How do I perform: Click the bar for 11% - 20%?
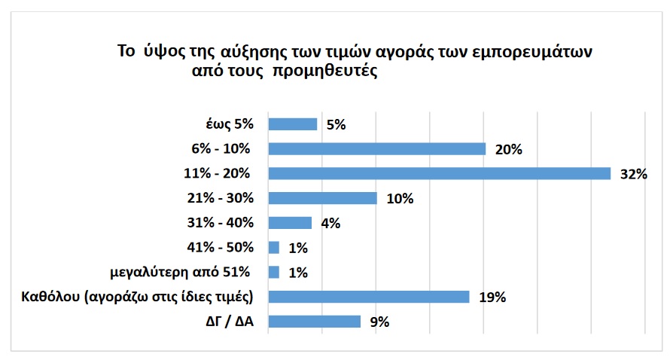pyautogui.click(x=439, y=174)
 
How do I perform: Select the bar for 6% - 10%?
pyautogui.click(x=376, y=149)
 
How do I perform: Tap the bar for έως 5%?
pyautogui.click(x=293, y=124)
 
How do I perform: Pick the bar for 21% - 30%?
pyautogui.click(x=322, y=198)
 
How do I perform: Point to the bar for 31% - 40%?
pyautogui.click(x=290, y=223)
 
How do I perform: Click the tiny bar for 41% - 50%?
pyautogui.click(x=274, y=247)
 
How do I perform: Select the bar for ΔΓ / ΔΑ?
pyautogui.click(x=315, y=322)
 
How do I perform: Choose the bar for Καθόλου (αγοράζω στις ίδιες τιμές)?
pyautogui.click(x=369, y=297)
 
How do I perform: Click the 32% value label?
pyautogui.click(x=634, y=175)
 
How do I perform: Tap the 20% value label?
pyautogui.click(x=509, y=150)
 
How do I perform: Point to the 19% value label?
pyautogui.click(x=492, y=297)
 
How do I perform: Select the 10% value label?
pyautogui.click(x=400, y=199)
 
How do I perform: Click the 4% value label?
pyautogui.click(x=330, y=224)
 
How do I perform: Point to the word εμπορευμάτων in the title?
pyautogui.click(x=531, y=53)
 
